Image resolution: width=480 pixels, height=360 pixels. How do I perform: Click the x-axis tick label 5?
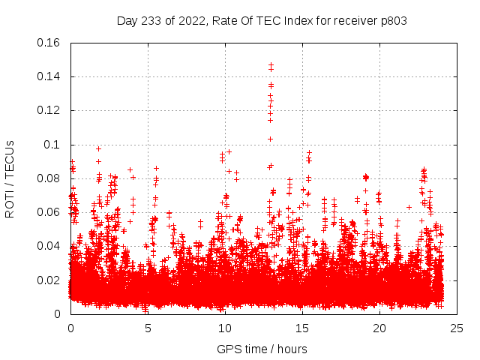(x=148, y=328)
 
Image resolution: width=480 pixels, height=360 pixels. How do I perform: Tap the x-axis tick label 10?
(x=225, y=328)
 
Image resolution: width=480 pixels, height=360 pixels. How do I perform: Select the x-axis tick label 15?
(x=302, y=328)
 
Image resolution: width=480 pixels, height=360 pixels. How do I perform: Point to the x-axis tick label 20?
(x=379, y=328)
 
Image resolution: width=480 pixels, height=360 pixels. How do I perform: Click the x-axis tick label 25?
(x=457, y=328)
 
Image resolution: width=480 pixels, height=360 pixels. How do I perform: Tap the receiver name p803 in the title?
(x=393, y=21)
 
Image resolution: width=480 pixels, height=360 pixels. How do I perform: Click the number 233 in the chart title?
(x=150, y=21)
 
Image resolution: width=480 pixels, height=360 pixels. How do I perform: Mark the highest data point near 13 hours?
(x=271, y=65)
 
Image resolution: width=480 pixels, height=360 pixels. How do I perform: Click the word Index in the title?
(x=291, y=21)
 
